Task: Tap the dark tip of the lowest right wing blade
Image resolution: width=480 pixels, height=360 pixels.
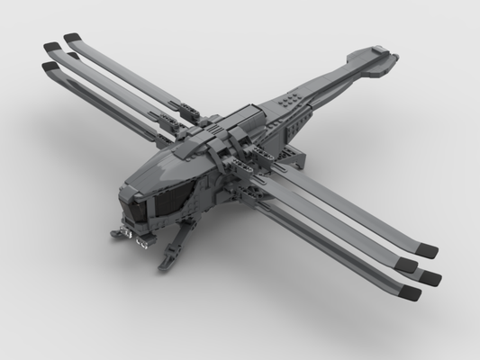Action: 412,292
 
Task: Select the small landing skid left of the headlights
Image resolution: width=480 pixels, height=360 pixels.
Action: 115,236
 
